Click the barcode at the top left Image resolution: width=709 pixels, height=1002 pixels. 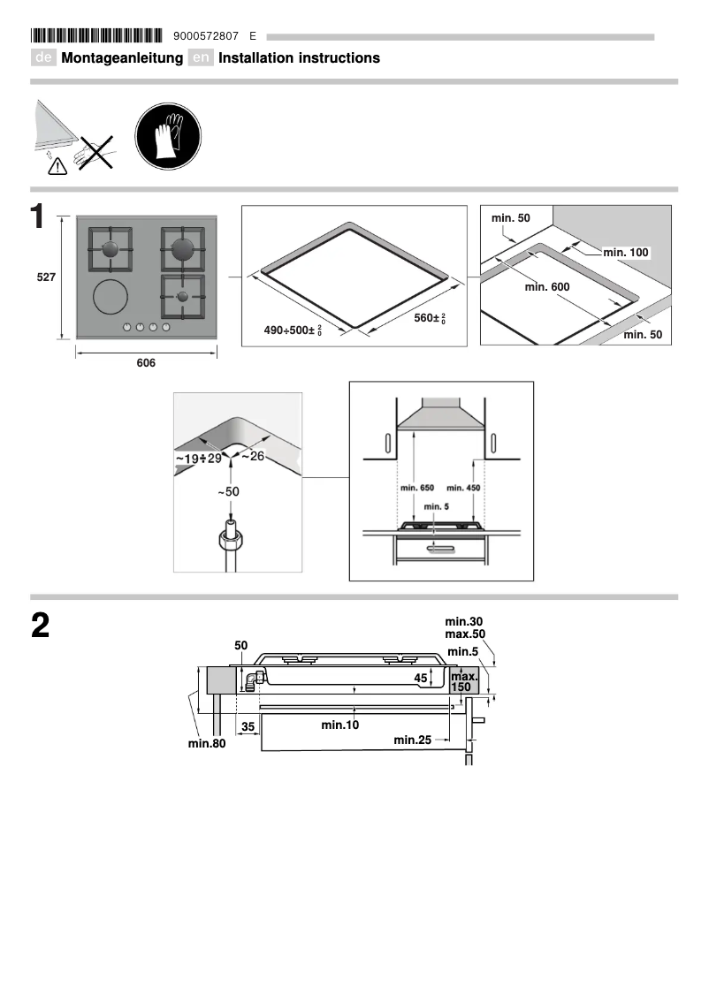pos(97,36)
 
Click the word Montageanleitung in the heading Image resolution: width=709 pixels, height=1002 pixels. pos(122,58)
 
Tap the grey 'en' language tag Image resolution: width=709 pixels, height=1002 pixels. pos(202,58)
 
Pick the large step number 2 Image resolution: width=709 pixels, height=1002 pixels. pos(40,626)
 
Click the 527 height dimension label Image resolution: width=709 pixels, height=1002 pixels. pos(46,277)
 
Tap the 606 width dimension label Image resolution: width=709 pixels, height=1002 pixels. pos(146,363)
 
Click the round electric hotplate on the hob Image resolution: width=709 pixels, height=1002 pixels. pos(111,297)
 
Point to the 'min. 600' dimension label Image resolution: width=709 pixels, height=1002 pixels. pos(546,287)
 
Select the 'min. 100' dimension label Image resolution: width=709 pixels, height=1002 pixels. pos(626,253)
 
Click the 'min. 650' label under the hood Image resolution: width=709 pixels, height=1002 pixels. pos(417,489)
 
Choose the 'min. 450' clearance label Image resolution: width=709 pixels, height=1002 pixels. pos(464,489)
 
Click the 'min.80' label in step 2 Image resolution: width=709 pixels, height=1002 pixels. pos(208,743)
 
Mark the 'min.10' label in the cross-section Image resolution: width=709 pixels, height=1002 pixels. pos(340,725)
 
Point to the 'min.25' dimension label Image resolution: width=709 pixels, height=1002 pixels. pos(412,740)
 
